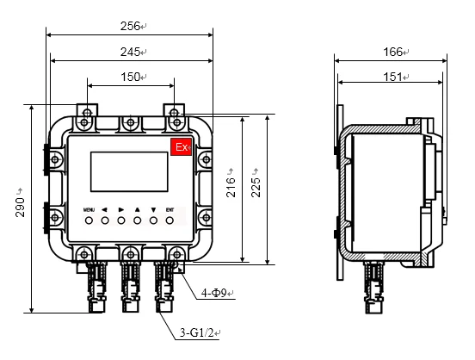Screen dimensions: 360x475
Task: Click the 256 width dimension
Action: coord(128,27)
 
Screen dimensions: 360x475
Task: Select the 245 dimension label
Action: coord(128,52)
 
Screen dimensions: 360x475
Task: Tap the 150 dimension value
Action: coord(129,77)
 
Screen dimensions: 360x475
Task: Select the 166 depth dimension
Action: coord(392,52)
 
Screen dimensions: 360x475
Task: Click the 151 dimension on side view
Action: coord(392,77)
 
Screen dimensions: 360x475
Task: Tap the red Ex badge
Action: coord(182,148)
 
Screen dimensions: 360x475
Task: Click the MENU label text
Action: coord(89,209)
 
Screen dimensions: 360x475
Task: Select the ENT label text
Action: coord(170,209)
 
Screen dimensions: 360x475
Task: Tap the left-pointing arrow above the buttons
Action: coord(104,209)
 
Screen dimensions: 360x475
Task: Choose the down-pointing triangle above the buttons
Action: coord(153,209)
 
